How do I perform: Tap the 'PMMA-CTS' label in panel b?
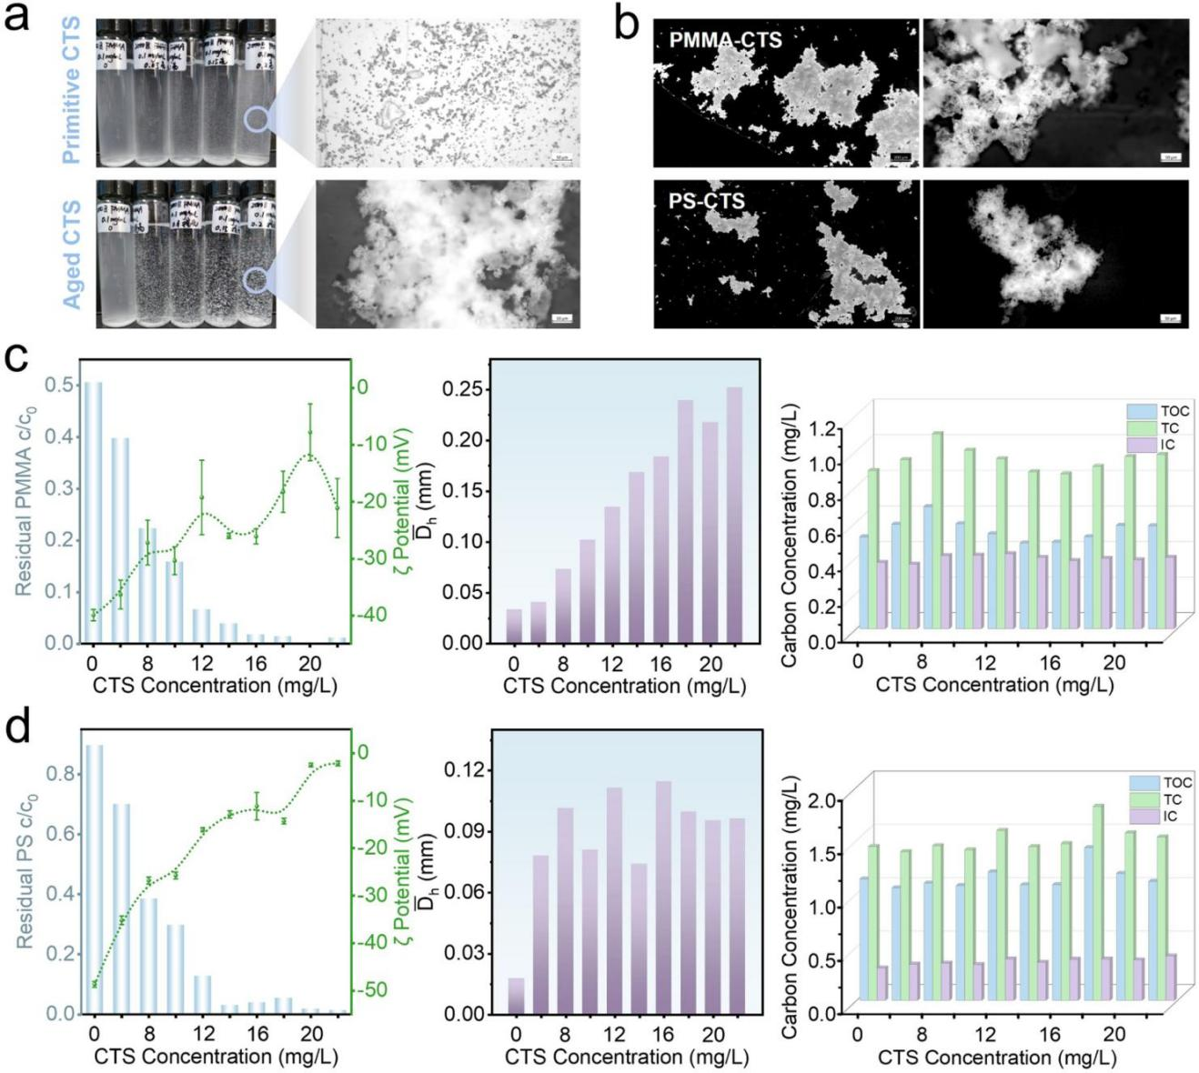(x=725, y=41)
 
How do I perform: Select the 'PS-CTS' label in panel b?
(x=707, y=200)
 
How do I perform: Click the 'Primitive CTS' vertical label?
(x=71, y=90)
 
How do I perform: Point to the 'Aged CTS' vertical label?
(x=71, y=255)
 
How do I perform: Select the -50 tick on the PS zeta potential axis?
(x=375, y=989)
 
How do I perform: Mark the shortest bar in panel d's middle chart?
(x=516, y=995)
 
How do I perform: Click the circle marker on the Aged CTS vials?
(x=257, y=278)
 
